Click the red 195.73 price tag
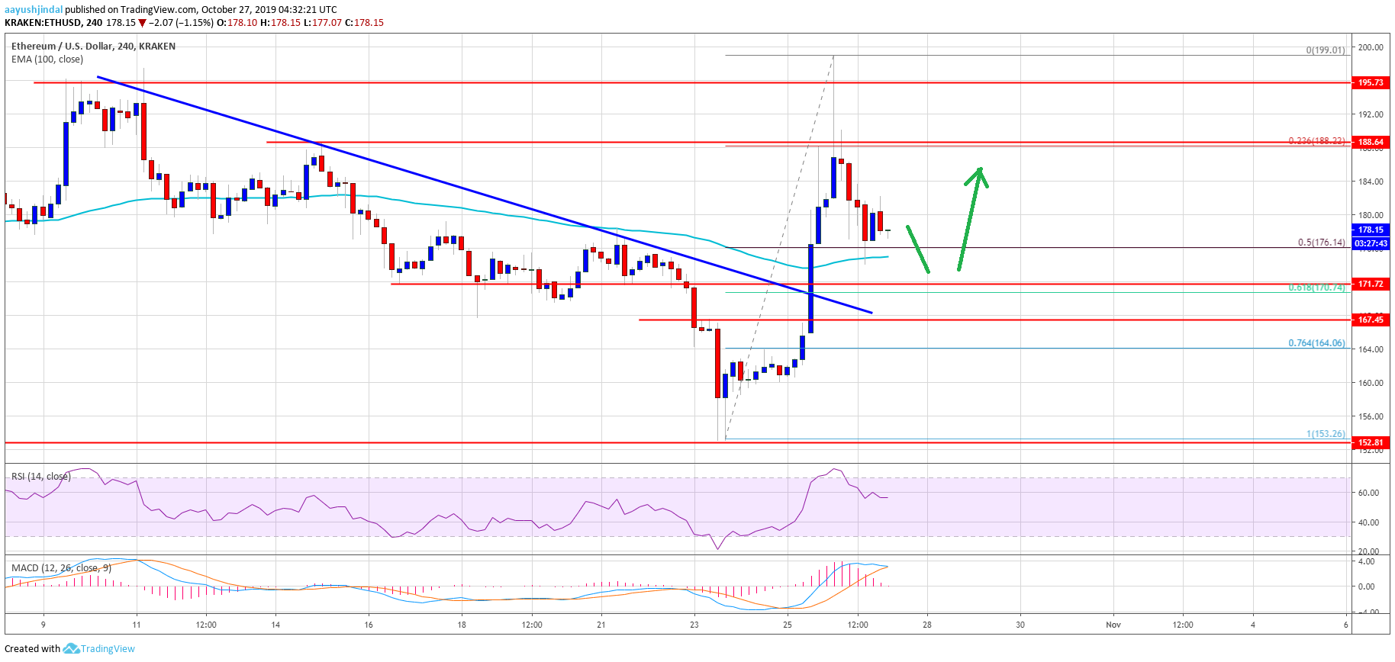(1370, 82)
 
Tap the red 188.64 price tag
(1370, 142)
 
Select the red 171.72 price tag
(1370, 284)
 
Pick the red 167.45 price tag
(1370, 320)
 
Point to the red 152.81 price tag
(1370, 442)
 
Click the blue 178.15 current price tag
(1370, 230)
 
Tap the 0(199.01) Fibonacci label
(1325, 50)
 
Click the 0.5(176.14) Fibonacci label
(1321, 243)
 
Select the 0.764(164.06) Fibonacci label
(1316, 343)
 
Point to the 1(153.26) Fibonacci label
(1326, 434)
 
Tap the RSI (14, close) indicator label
(40, 477)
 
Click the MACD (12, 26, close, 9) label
(61, 568)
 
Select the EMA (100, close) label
(47, 59)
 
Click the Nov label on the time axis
(1113, 625)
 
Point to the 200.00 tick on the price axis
(1370, 47)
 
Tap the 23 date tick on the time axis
(694, 625)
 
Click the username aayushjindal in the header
(34, 10)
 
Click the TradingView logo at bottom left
(99, 649)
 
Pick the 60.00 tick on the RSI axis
(1368, 493)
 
